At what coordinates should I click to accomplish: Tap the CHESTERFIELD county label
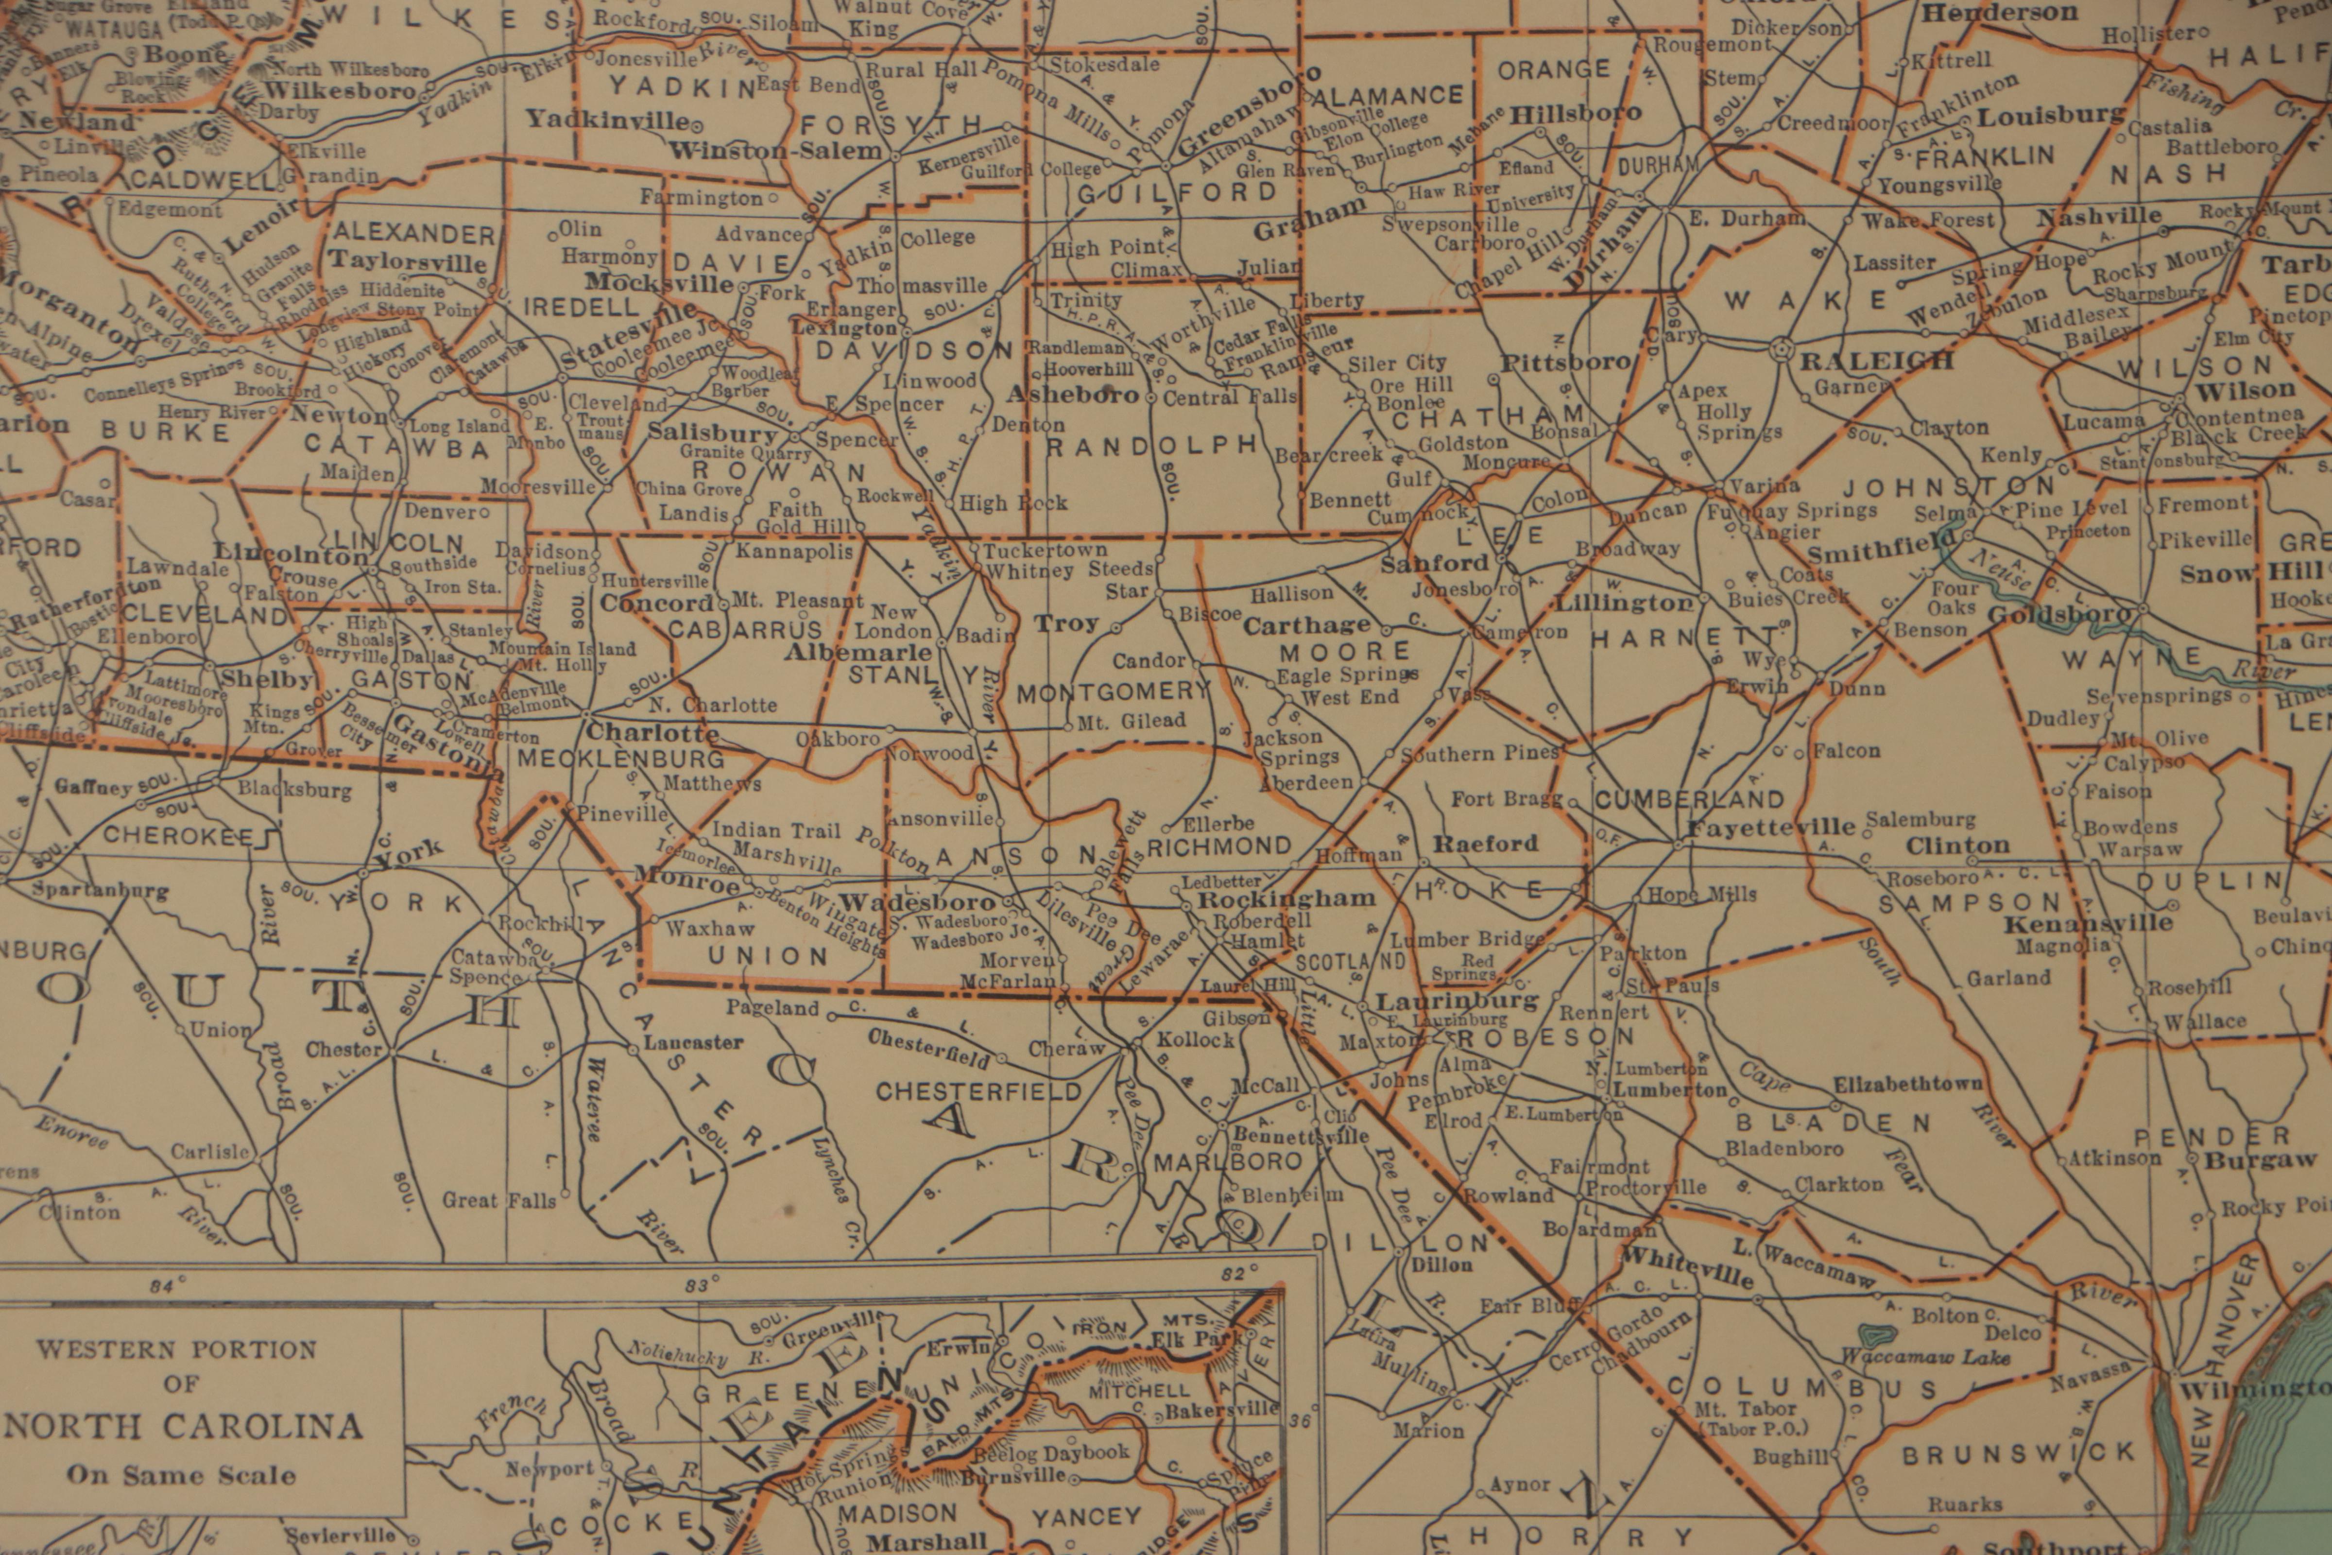pyautogui.click(x=978, y=1092)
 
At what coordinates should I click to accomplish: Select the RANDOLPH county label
pyautogui.click(x=1152, y=446)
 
